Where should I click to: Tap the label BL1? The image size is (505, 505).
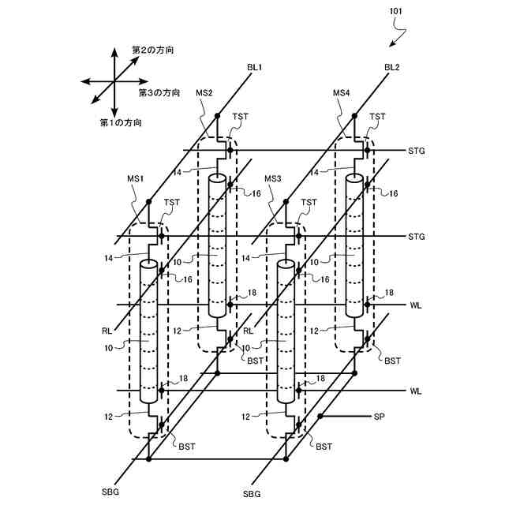[254, 68]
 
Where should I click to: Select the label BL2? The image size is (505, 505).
[392, 68]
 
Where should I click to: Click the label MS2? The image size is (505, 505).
[204, 92]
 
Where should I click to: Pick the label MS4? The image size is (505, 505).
[341, 92]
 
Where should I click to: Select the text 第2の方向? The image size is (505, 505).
[153, 50]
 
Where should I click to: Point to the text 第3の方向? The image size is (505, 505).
[159, 92]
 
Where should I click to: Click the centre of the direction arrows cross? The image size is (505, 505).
[115, 81]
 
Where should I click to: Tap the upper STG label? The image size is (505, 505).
[417, 151]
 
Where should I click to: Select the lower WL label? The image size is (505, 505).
[416, 391]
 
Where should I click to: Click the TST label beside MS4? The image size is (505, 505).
[378, 117]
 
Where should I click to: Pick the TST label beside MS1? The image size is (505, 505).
[171, 203]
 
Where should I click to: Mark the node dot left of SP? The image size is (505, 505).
[320, 415]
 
